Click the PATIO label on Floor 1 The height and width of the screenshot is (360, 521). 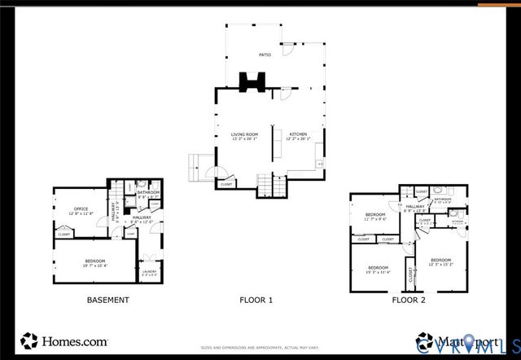click(265, 55)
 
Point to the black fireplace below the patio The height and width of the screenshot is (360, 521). click(251, 81)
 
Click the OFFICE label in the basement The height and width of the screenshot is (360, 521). click(81, 209)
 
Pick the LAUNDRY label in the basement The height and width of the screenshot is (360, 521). click(149, 271)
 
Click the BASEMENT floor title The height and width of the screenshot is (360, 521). click(107, 300)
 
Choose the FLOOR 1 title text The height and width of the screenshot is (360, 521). click(256, 300)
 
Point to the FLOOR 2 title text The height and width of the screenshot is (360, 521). click(409, 300)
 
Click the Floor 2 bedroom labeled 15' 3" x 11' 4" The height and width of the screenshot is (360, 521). click(379, 269)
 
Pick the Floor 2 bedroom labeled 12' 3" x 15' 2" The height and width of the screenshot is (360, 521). click(440, 261)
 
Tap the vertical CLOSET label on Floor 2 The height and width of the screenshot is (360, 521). click(410, 275)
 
